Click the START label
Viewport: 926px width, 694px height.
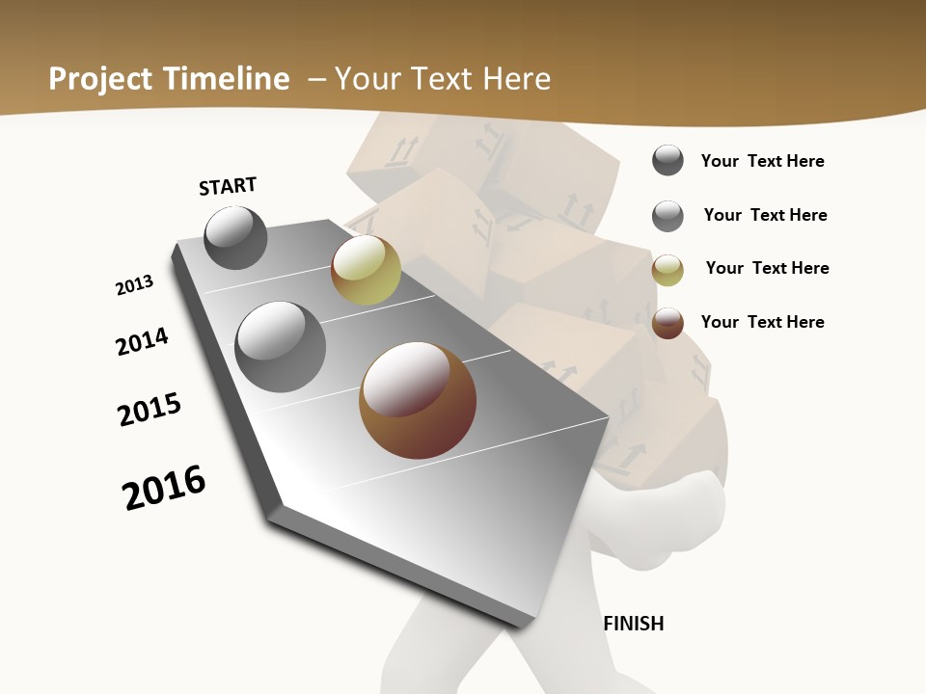228,186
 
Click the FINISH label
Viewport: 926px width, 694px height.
634,624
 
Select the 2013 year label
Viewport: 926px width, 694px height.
134,285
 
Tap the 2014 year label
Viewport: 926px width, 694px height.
143,341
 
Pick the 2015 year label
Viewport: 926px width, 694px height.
150,410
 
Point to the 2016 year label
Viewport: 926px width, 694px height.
164,488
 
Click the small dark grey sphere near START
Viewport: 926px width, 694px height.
235,237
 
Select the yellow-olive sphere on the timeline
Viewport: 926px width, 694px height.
366,270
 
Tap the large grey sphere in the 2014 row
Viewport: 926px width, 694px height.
281,347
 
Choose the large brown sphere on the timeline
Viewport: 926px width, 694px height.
418,400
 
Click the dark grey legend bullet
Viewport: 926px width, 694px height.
667,160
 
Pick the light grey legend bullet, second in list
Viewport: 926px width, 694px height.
667,216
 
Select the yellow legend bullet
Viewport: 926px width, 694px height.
667,270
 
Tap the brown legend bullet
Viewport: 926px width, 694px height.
667,323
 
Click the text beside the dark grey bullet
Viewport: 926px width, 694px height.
762,161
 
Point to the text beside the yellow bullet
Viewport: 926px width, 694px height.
767,268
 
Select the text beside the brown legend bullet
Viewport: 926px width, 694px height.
762,322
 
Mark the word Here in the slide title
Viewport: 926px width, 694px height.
517,79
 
